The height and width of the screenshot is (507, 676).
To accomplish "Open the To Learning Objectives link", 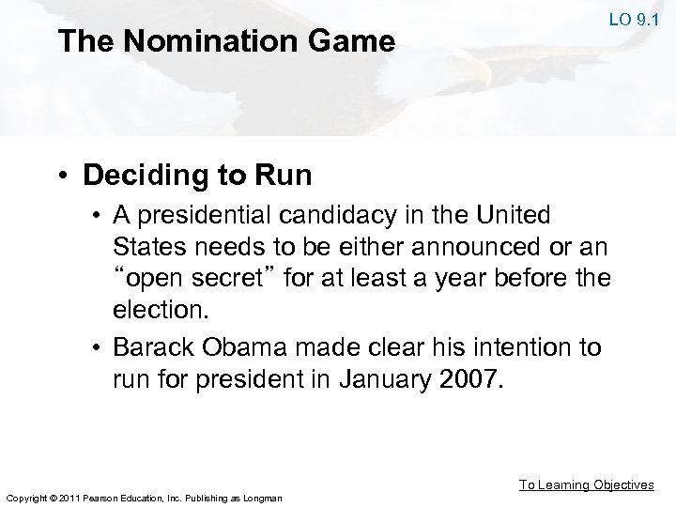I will click(x=587, y=484).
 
